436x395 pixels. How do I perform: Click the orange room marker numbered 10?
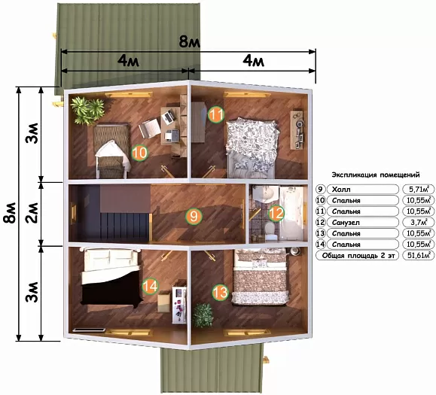(x=139, y=153)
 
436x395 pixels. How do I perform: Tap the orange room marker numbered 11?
(x=216, y=114)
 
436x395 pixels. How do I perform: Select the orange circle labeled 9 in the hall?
(x=194, y=216)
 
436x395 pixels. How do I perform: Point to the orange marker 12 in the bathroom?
(x=276, y=214)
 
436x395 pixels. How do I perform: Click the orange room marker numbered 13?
(x=221, y=292)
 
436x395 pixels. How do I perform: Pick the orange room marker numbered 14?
(x=150, y=286)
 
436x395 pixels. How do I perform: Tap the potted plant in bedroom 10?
(x=87, y=111)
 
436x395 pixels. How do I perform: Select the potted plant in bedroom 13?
(x=203, y=315)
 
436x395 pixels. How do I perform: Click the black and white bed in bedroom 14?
(x=111, y=277)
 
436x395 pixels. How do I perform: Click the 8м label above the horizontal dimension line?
(x=189, y=42)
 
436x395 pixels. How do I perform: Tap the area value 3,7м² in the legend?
(x=419, y=222)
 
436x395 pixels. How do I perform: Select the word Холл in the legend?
(x=341, y=190)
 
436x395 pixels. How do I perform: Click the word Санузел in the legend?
(x=346, y=223)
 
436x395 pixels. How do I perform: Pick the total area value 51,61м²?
(x=419, y=255)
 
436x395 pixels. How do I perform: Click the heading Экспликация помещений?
(x=376, y=175)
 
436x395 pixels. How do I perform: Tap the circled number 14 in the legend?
(x=321, y=245)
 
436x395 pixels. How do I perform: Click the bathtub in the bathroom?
(x=292, y=213)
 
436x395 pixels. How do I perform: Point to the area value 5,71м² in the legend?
(x=419, y=189)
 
